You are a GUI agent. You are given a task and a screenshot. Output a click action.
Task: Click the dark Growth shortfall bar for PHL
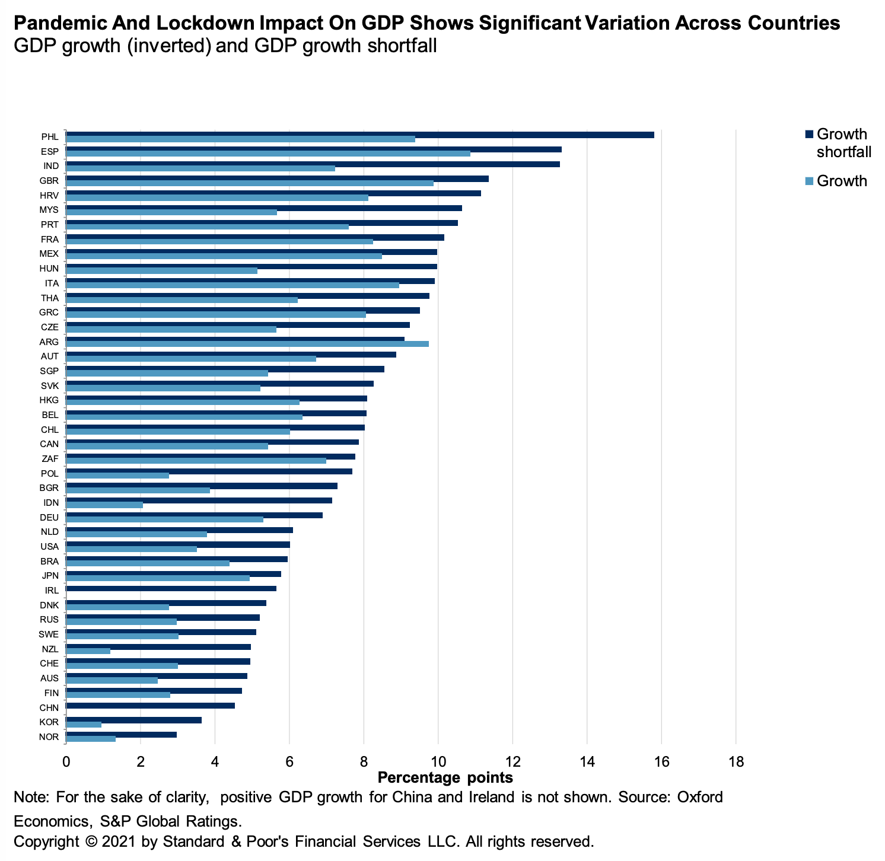click(359, 135)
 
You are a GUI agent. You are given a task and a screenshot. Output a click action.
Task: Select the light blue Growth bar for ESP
click(268, 154)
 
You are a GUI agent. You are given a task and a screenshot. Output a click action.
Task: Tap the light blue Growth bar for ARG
click(247, 344)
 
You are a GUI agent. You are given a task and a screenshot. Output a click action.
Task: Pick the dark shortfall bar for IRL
click(171, 588)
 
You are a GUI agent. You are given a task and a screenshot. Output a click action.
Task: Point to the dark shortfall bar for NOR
click(121, 735)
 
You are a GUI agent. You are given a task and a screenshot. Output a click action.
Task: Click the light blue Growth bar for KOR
click(84, 725)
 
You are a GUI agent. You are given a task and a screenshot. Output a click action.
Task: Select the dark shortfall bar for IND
click(313, 164)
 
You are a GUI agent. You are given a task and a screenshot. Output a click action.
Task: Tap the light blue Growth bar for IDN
click(104, 505)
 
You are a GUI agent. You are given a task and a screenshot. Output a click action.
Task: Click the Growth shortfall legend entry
click(842, 143)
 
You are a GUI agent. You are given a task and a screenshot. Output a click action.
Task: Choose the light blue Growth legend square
click(809, 181)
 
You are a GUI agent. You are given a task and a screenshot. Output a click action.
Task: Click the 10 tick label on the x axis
click(438, 761)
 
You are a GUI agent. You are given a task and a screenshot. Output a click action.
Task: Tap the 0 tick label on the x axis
click(66, 761)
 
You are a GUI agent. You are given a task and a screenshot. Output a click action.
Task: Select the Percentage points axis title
click(445, 777)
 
